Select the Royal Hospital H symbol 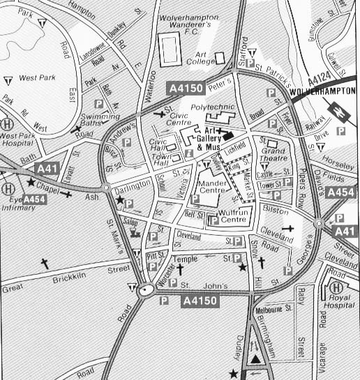pos(336,287)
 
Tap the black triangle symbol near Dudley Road pos(256,358)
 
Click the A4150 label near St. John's pos(201,301)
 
